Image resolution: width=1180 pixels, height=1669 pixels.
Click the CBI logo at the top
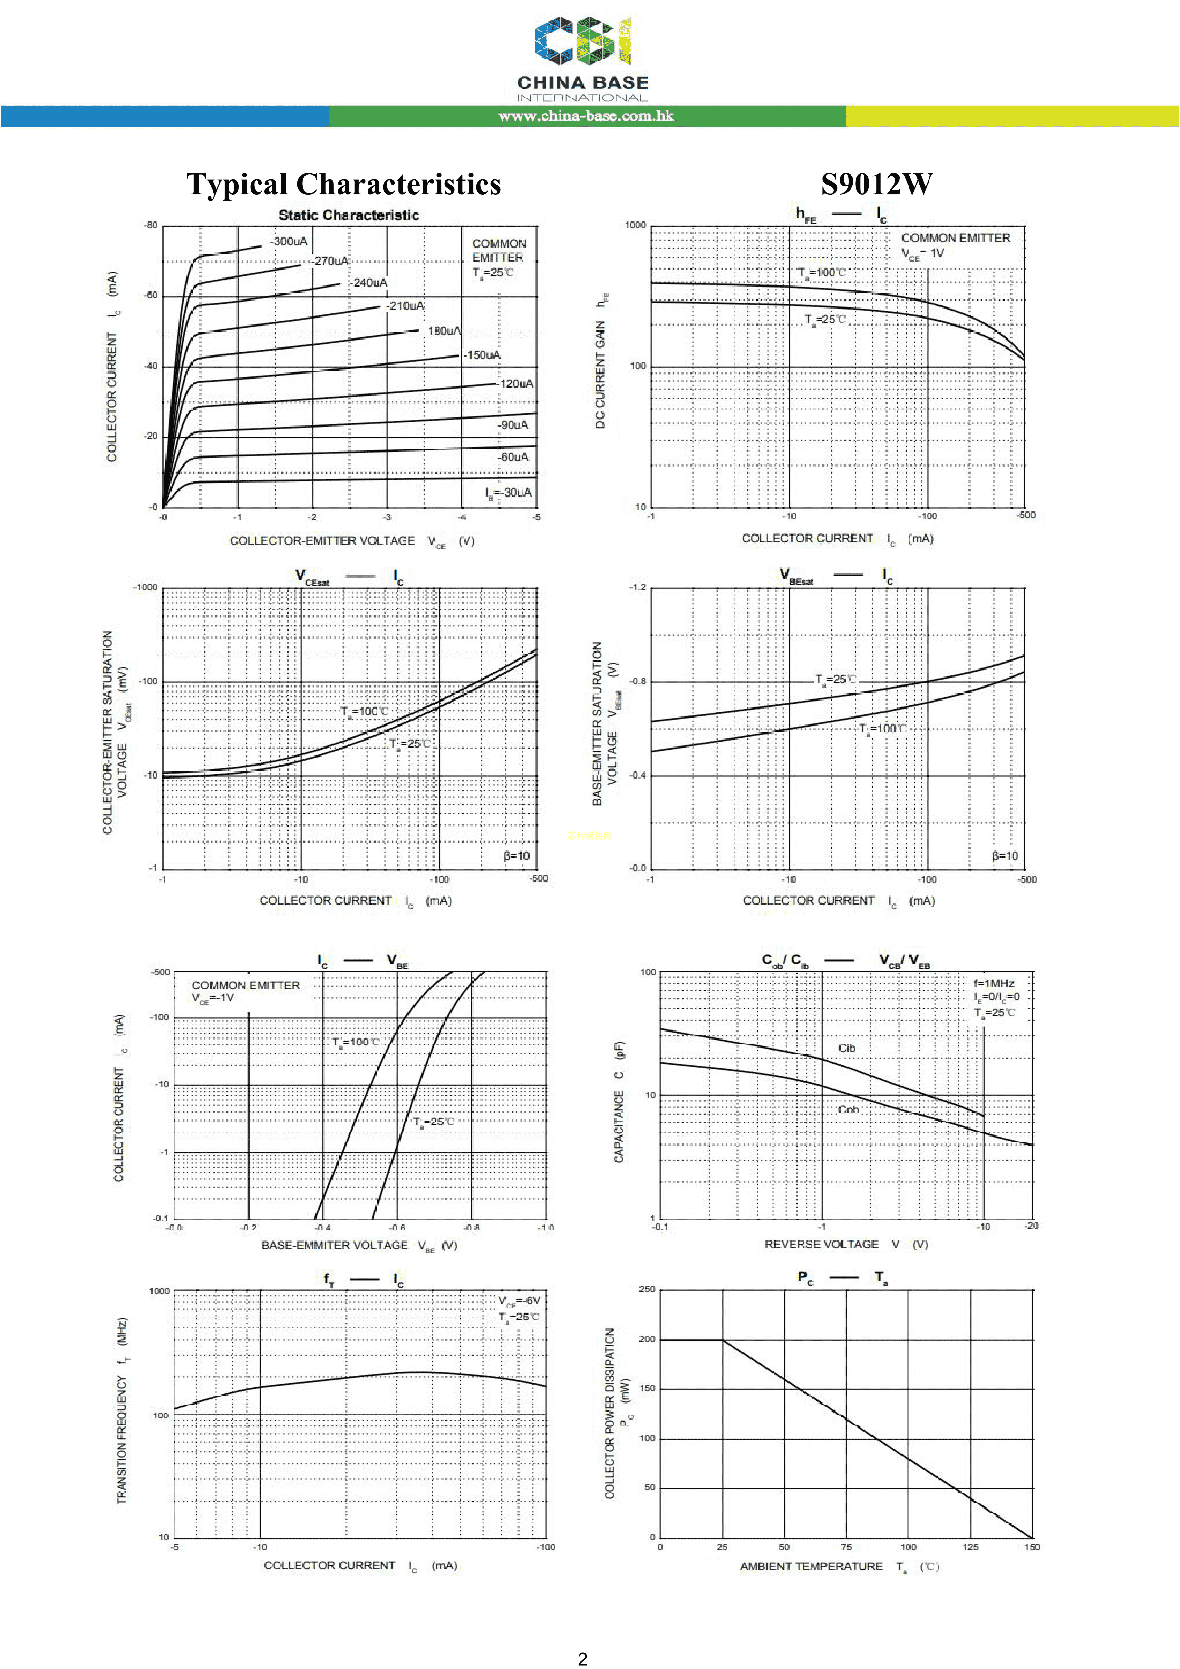(x=583, y=42)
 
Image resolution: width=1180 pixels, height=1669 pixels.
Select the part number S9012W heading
(x=876, y=184)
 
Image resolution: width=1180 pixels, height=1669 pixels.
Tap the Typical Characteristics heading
(x=344, y=184)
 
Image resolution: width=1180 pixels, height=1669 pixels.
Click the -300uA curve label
(x=289, y=241)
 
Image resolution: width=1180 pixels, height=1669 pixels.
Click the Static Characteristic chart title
(x=349, y=215)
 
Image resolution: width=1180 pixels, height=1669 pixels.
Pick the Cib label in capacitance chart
(x=846, y=1047)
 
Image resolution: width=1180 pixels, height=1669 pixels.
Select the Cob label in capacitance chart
(x=848, y=1109)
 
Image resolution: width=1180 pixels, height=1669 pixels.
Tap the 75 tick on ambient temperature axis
(x=846, y=1546)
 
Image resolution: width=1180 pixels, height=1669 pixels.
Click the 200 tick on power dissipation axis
(x=647, y=1338)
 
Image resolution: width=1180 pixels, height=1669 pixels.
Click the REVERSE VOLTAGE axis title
(x=821, y=1244)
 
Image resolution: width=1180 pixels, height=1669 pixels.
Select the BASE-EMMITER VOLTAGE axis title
(x=334, y=1244)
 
